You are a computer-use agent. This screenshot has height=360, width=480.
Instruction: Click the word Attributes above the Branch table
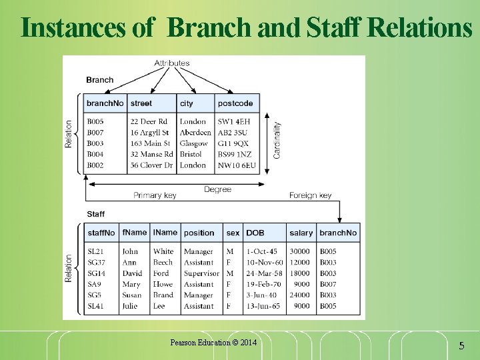point(172,63)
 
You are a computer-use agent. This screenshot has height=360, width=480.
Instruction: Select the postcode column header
point(235,103)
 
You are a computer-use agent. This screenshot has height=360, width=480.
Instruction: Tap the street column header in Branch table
point(141,103)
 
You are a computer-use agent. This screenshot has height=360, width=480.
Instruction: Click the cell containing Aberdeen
point(195,133)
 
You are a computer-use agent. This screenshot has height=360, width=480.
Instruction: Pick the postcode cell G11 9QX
point(233,143)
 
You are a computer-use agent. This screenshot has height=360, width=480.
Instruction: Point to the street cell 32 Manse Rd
point(151,154)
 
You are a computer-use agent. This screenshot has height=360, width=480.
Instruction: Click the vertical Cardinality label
point(277,138)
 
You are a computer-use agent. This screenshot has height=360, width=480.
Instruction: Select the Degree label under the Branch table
point(217,189)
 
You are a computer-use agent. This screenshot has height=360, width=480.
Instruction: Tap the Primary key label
point(155,196)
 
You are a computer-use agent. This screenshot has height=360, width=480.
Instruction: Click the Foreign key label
point(310,196)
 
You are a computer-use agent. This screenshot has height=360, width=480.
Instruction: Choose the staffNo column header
point(101,233)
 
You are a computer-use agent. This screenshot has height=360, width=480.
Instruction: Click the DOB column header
point(255,233)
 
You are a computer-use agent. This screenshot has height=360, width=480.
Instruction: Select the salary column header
point(301,233)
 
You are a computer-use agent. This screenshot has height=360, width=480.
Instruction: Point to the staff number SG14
point(97,273)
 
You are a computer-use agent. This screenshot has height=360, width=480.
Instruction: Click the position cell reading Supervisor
point(201,273)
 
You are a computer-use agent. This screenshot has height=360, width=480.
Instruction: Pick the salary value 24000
point(299,295)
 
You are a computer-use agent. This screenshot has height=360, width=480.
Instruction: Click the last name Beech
point(163,263)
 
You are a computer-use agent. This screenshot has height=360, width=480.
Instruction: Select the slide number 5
point(461,346)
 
